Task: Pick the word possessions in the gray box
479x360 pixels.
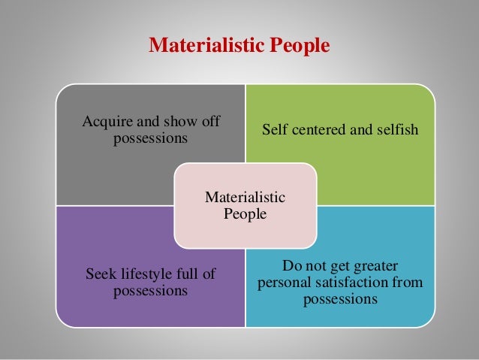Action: click(x=150, y=138)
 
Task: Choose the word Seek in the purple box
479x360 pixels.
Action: click(x=101, y=274)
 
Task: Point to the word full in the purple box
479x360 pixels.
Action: click(x=193, y=274)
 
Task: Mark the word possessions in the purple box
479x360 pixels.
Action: click(x=150, y=291)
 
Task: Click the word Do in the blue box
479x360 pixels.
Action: click(x=291, y=266)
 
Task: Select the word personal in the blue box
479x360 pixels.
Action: click(x=282, y=283)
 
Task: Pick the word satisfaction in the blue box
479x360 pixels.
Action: click(x=350, y=283)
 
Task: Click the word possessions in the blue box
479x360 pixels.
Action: click(x=340, y=300)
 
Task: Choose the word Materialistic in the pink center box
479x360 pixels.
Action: click(x=246, y=198)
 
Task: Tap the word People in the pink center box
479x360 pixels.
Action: click(x=246, y=214)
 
